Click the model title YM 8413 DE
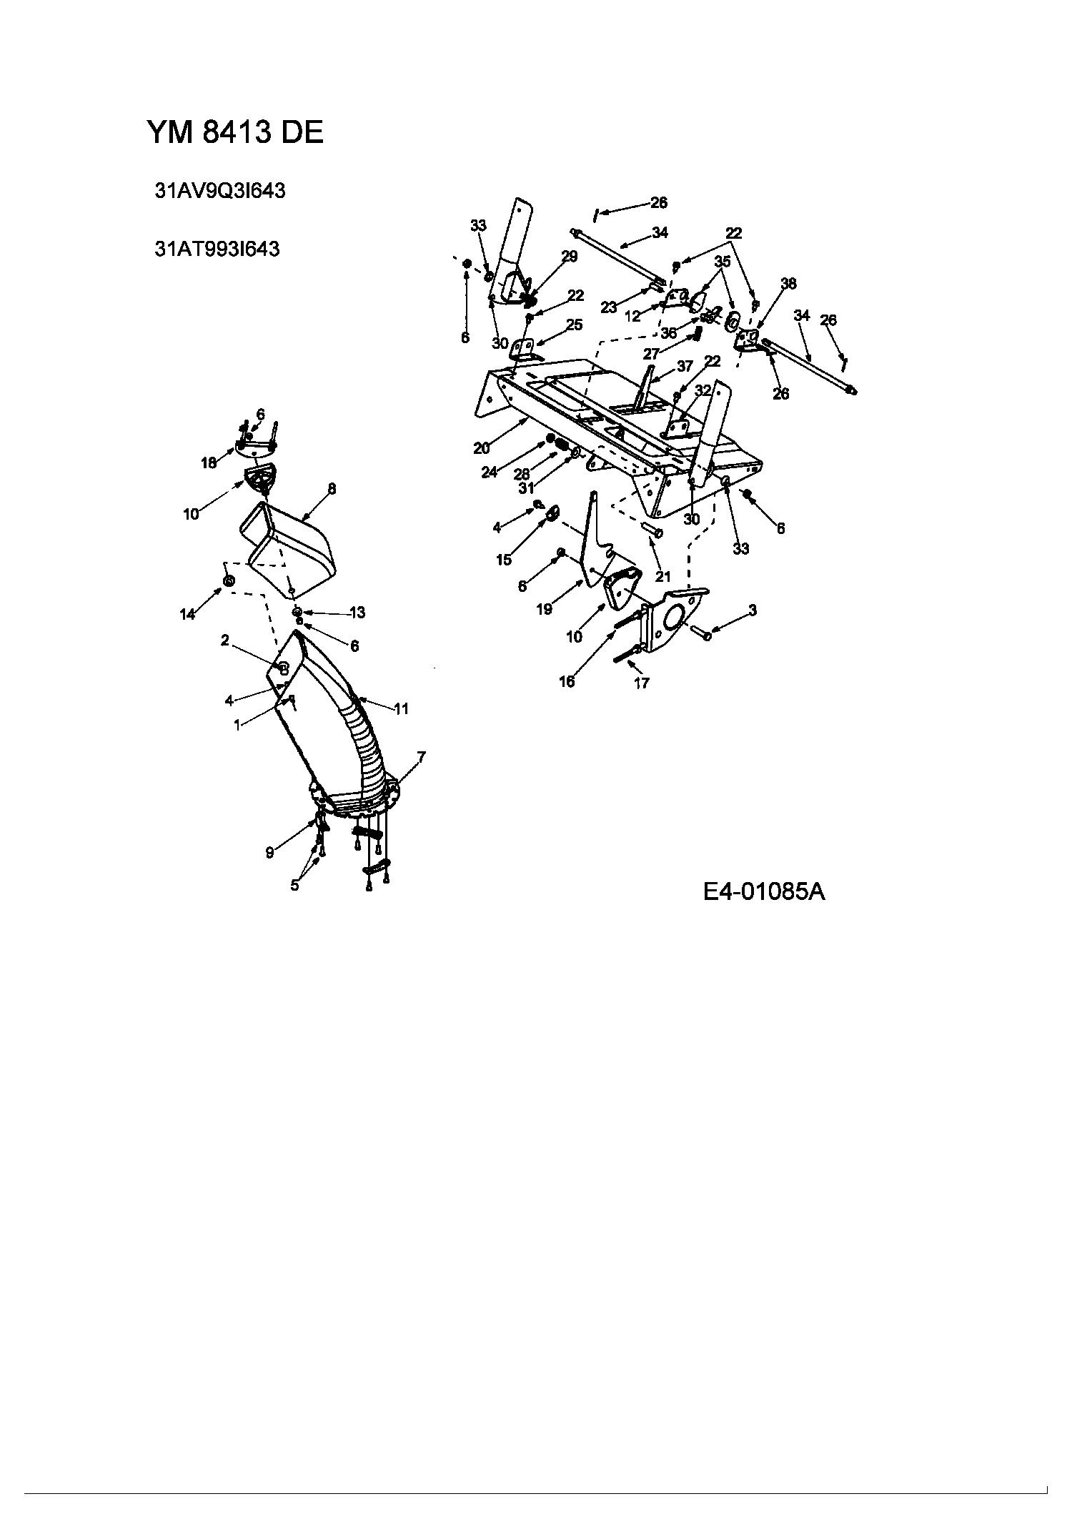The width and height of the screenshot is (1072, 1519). click(x=235, y=132)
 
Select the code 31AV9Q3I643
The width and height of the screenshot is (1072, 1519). click(x=220, y=191)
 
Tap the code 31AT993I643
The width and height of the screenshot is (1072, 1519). click(x=217, y=249)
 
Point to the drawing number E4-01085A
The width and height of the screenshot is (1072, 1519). click(x=764, y=891)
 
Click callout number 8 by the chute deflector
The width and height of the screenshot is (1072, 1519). click(x=332, y=489)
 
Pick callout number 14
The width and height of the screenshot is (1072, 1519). click(x=187, y=614)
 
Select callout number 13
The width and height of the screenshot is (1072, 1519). click(x=357, y=612)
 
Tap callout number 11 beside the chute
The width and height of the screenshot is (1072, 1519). click(x=401, y=708)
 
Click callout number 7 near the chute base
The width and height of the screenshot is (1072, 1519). click(x=422, y=756)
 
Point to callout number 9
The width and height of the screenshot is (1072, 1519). click(x=269, y=853)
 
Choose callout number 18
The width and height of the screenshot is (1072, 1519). click(x=208, y=463)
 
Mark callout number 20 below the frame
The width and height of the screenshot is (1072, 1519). click(x=482, y=448)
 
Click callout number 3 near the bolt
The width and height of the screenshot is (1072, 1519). click(x=753, y=610)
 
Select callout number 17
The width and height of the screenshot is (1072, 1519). click(x=642, y=683)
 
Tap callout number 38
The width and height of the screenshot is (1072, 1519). click(x=788, y=284)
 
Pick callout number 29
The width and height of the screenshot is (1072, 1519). click(x=570, y=257)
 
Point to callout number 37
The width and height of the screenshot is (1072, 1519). click(x=685, y=366)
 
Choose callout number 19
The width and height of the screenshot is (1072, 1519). click(x=545, y=609)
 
